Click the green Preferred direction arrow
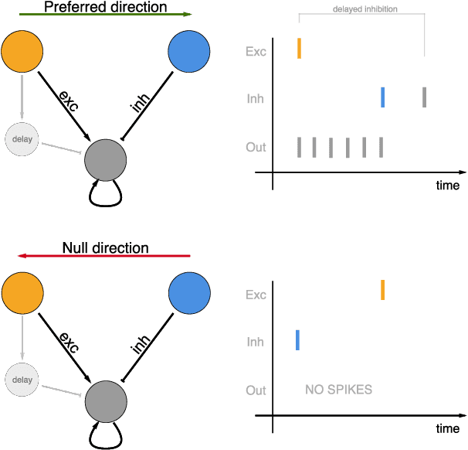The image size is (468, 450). click(104, 15)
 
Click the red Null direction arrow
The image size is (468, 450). click(104, 256)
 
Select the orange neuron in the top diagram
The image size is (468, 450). click(22, 53)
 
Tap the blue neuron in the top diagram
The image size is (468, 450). click(189, 53)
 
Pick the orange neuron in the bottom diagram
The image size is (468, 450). click(22, 294)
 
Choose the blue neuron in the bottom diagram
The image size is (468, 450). click(189, 294)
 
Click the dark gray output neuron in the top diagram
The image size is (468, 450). click(105, 159)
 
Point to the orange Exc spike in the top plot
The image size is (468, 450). click(299, 49)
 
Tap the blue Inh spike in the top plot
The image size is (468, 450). click(382, 97)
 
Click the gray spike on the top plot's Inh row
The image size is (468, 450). click(424, 97)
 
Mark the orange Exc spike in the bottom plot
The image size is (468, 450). click(382, 290)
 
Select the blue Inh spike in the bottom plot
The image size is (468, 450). click(298, 339)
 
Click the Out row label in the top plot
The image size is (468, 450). click(256, 147)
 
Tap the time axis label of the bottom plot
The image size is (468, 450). click(446, 428)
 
